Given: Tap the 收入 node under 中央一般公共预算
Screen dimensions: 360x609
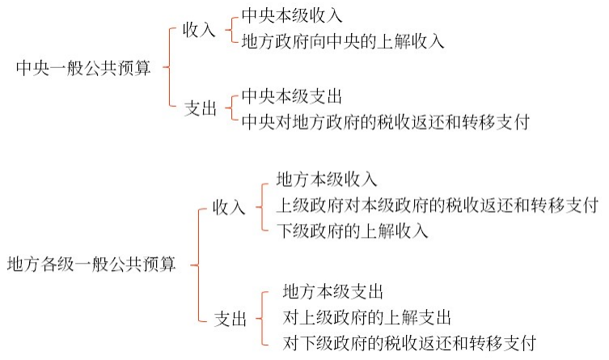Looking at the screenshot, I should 199,30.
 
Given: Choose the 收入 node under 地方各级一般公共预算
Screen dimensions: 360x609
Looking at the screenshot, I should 229,208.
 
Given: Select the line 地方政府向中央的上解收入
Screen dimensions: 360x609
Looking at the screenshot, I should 343,40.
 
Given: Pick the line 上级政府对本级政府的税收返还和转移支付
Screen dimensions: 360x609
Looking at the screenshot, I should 437,205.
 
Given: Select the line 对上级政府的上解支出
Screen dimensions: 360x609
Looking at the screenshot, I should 366,316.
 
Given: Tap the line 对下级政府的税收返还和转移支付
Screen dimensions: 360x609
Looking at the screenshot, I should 410,341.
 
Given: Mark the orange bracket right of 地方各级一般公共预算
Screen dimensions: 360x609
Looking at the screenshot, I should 195,264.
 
